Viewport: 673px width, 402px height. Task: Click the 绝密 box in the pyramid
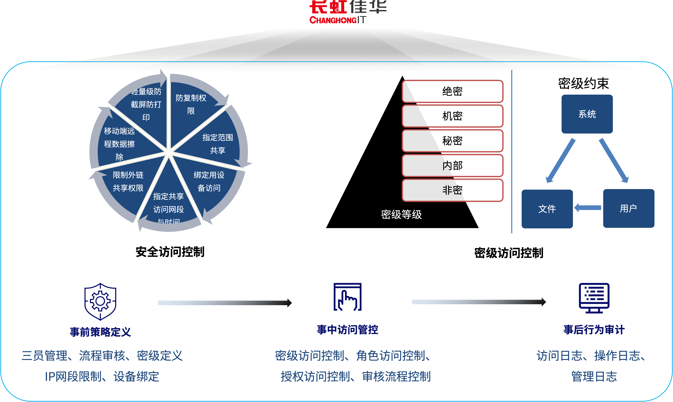[x=452, y=91]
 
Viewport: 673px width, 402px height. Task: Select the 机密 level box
[x=452, y=116]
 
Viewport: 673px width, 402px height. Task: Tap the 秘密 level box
[x=452, y=141]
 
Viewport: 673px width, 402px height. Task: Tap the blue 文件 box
[x=547, y=209]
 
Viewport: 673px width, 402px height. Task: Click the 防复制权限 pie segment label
[x=191, y=104]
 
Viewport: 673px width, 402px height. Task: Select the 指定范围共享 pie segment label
[x=218, y=144]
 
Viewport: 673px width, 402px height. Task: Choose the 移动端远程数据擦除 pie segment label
[x=119, y=144]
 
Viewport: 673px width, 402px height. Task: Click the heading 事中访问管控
[x=347, y=330]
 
